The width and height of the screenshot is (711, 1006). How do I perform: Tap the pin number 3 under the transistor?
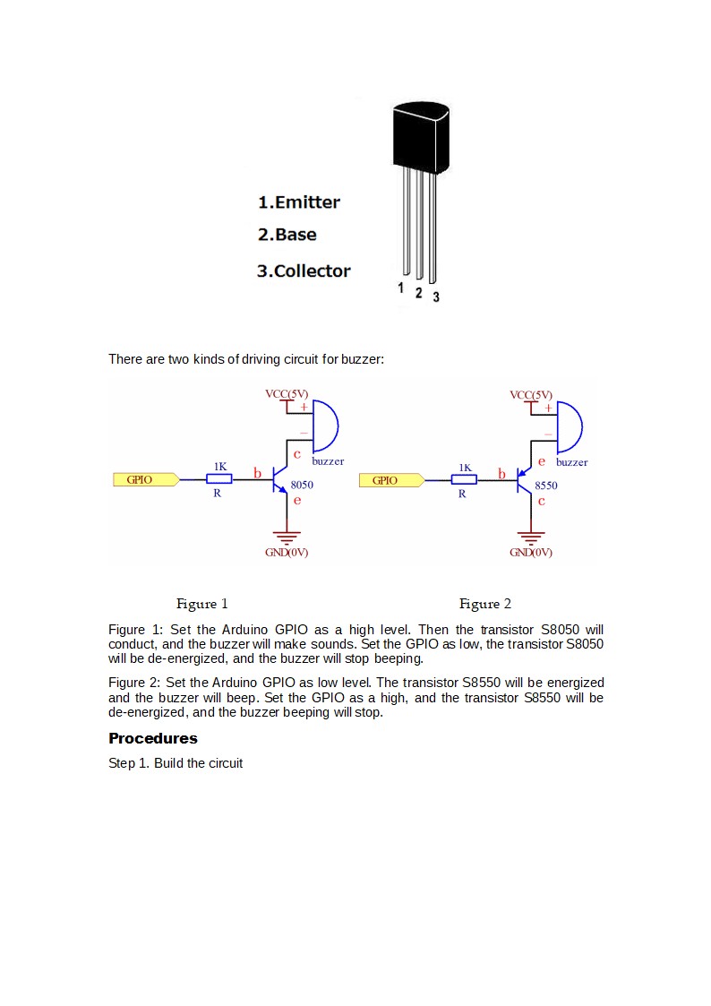pyautogui.click(x=436, y=297)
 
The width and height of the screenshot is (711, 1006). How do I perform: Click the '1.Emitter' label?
pyautogui.click(x=299, y=202)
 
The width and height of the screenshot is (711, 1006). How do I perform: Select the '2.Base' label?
pyautogui.click(x=287, y=235)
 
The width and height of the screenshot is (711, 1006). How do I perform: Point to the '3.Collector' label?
pyautogui.click(x=304, y=271)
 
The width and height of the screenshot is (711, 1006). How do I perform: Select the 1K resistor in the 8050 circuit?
pyautogui.click(x=218, y=479)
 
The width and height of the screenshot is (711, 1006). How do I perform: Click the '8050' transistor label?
pyautogui.click(x=302, y=485)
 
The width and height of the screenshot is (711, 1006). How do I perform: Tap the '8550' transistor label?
pyautogui.click(x=545, y=486)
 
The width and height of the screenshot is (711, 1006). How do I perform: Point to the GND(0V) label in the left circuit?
pyautogui.click(x=287, y=553)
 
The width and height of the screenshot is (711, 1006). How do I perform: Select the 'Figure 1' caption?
pyautogui.click(x=202, y=604)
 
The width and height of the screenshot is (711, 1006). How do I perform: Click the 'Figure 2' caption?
pyautogui.click(x=485, y=604)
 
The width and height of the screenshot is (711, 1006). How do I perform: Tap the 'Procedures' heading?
pyautogui.click(x=153, y=738)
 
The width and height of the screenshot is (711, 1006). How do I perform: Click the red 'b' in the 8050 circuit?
pyautogui.click(x=257, y=472)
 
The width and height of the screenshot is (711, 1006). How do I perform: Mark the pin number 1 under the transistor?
pyautogui.click(x=402, y=288)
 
